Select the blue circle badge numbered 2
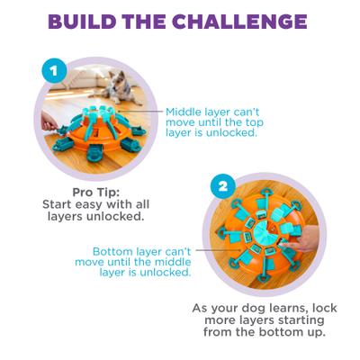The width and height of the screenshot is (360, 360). click(219, 185)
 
